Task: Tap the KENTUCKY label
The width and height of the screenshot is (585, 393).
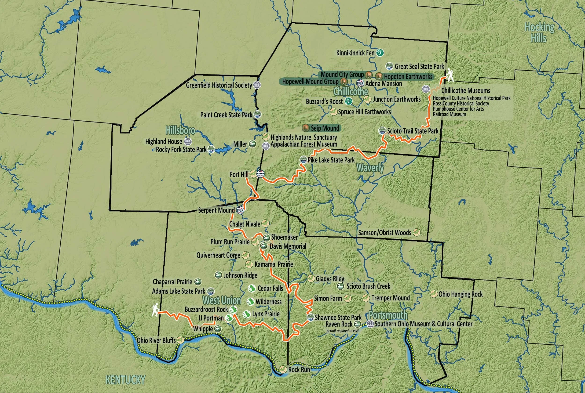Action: [125, 380]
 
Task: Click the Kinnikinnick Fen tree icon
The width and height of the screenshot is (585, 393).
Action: [380, 52]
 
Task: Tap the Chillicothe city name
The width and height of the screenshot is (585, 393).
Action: [351, 91]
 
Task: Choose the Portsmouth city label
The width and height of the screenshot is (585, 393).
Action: [388, 315]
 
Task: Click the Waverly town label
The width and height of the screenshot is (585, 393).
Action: [370, 167]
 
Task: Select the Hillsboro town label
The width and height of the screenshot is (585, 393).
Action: [180, 130]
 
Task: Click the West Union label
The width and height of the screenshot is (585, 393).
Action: [222, 300]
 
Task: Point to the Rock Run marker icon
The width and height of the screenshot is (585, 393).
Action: [283, 369]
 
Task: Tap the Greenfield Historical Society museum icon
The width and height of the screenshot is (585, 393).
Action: [257, 85]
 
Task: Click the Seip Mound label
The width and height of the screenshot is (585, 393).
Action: [325, 128]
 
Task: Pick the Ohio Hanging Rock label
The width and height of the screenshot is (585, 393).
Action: [460, 294]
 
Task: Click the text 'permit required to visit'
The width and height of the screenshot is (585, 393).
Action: [342, 331]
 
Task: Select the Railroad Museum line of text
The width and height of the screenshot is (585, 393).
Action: [449, 114]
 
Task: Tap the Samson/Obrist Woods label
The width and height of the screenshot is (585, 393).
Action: [384, 233]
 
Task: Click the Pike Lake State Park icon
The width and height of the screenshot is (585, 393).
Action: [303, 160]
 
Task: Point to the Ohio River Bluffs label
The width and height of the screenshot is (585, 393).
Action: [156, 340]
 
